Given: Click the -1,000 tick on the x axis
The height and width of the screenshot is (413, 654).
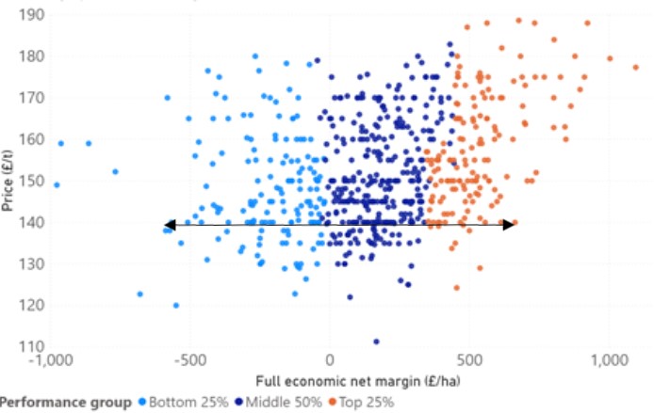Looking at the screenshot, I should (50, 360).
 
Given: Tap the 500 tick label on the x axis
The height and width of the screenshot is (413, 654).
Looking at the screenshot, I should (470, 360).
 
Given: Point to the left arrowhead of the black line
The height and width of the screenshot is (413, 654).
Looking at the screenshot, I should (169, 224).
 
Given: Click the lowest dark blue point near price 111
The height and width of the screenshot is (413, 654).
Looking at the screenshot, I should (377, 342).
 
